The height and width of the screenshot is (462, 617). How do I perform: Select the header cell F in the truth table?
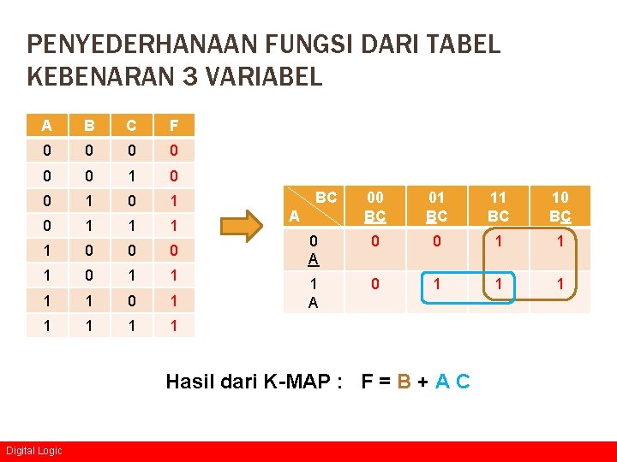click(174, 126)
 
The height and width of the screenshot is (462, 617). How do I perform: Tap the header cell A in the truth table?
click(47, 126)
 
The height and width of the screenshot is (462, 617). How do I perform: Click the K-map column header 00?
click(374, 206)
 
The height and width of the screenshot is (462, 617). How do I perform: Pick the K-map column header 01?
click(437, 206)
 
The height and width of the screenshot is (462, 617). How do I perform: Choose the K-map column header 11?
click(498, 206)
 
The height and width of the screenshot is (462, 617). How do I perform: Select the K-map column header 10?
click(560, 206)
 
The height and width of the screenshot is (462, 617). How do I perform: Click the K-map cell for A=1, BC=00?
click(374, 283)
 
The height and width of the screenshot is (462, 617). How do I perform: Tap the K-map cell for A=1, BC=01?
click(437, 283)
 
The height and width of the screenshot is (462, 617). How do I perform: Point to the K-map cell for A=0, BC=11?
click(498, 242)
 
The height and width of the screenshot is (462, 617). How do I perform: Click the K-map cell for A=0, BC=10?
click(560, 242)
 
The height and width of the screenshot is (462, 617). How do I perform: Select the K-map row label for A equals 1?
click(314, 292)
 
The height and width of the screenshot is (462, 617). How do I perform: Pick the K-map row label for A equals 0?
click(314, 250)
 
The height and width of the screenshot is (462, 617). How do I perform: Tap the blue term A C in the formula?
click(452, 381)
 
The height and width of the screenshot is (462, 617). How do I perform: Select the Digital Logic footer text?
click(33, 451)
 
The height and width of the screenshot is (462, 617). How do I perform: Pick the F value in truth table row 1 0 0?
click(174, 252)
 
